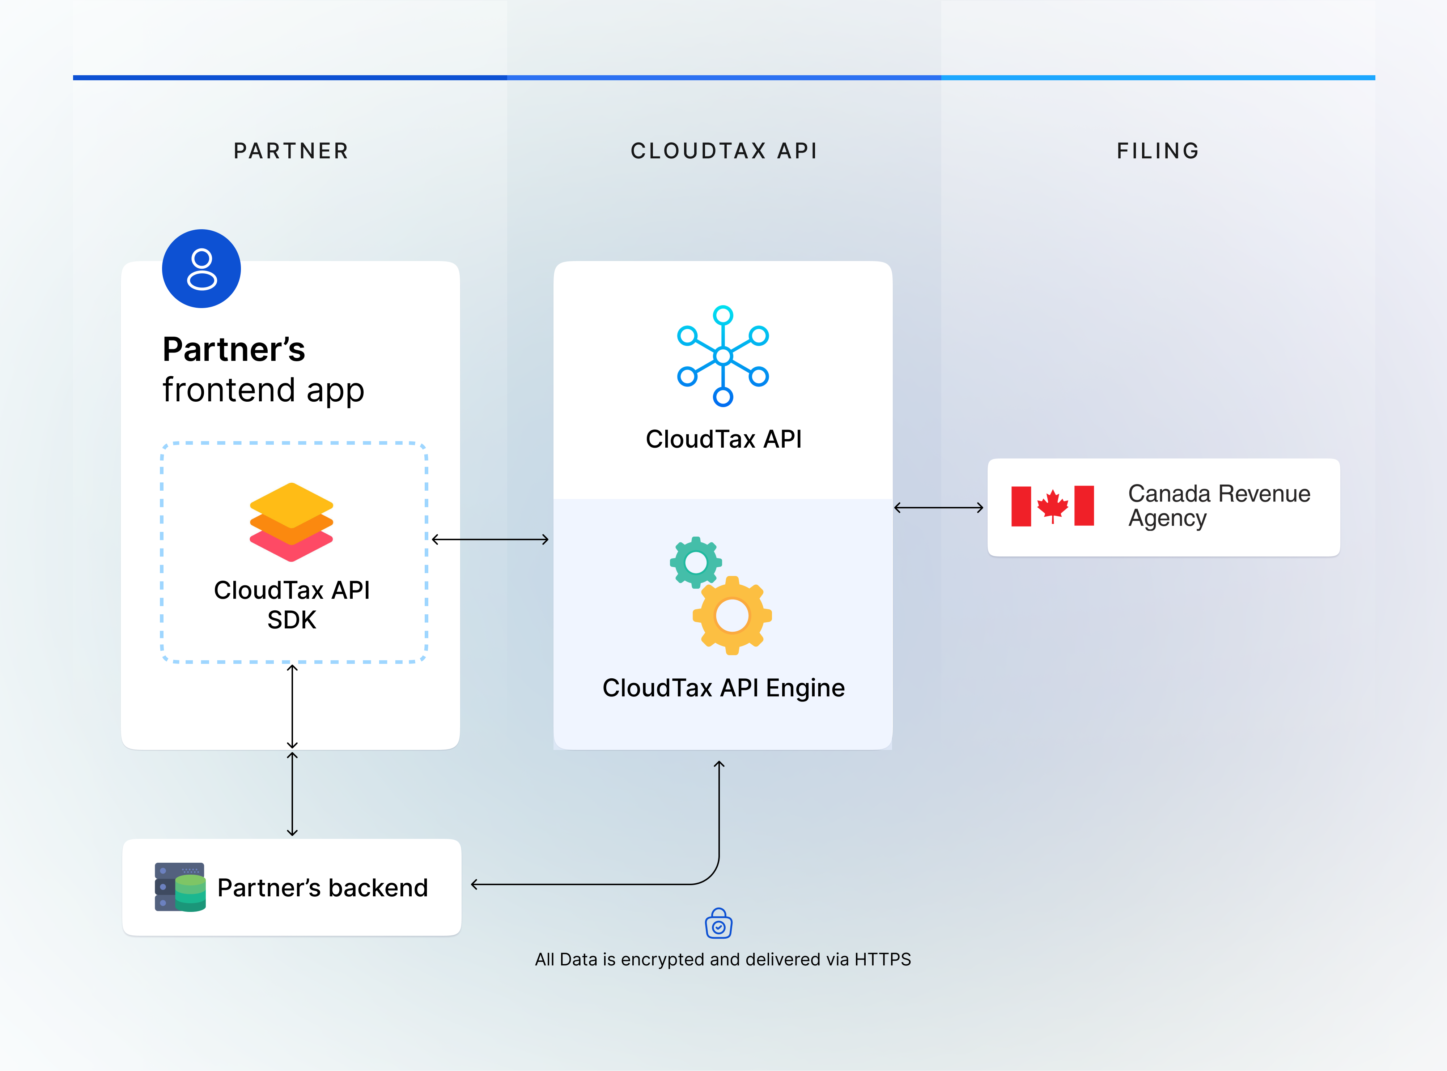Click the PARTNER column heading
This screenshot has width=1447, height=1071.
tap(291, 151)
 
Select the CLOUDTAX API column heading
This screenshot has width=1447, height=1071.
tap(724, 151)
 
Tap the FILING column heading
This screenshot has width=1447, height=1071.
tap(1158, 151)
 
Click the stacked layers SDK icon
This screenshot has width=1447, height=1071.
tap(291, 522)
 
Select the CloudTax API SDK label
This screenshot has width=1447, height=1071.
tap(292, 604)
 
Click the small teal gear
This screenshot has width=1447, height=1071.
tap(695, 562)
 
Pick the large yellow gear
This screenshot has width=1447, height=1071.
tap(732, 615)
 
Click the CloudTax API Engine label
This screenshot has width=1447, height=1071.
tap(723, 688)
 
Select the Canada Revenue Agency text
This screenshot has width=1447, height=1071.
tap(1219, 506)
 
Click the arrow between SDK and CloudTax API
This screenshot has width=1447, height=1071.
tap(490, 539)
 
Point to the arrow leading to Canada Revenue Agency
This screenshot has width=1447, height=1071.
tap(938, 508)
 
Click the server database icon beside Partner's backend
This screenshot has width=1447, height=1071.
tap(180, 887)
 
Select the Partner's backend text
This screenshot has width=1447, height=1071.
tap(322, 888)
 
